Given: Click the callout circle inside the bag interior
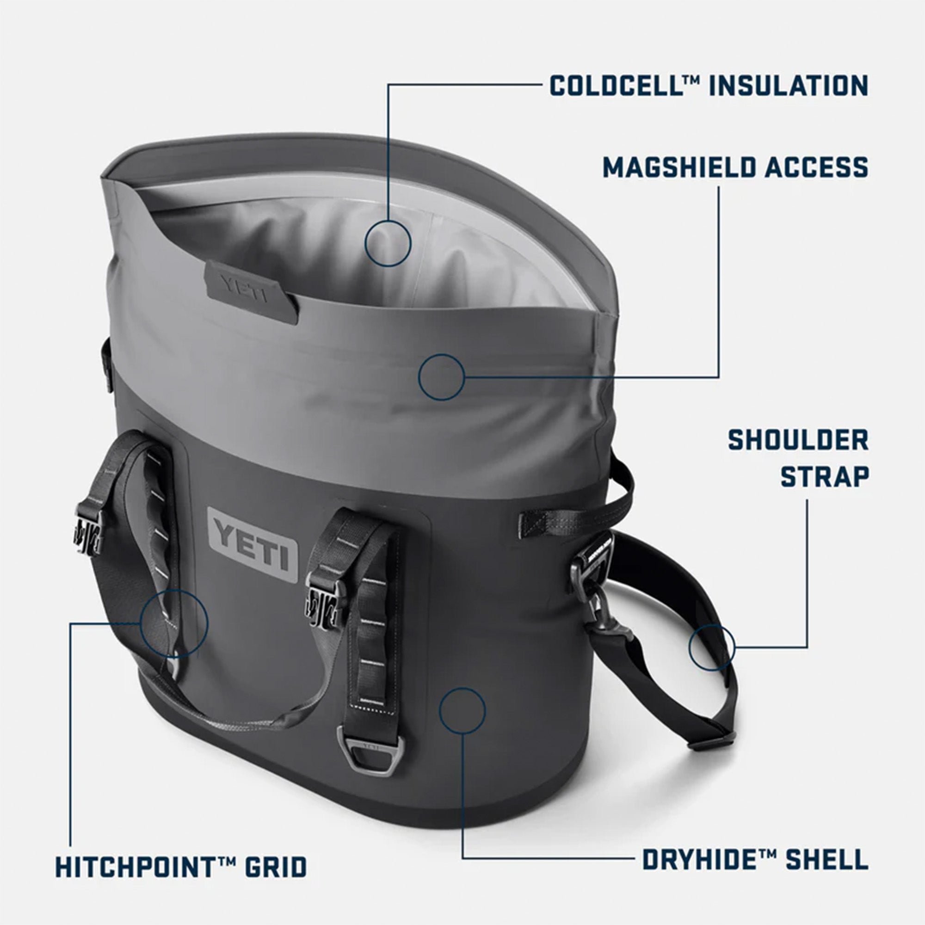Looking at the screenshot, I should [388, 243].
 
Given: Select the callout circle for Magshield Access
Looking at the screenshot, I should [441, 377].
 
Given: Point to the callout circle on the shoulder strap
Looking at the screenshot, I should [711, 647].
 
